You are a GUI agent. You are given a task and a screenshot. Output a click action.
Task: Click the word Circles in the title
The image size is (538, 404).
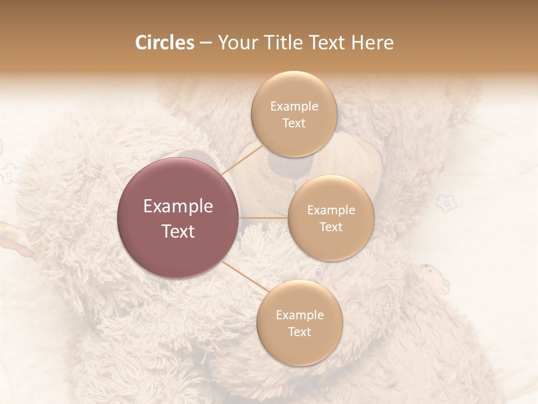tap(164, 43)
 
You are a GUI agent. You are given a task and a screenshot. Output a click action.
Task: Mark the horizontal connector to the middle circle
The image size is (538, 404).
tap(263, 218)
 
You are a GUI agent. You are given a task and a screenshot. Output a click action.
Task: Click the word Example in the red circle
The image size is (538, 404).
tap(178, 206)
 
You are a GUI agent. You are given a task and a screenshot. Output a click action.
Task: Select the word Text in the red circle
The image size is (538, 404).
tap(178, 231)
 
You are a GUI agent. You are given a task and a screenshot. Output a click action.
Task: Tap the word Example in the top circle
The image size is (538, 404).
tap(294, 107)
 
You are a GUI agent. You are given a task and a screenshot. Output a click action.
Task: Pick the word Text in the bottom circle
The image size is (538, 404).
tap(299, 332)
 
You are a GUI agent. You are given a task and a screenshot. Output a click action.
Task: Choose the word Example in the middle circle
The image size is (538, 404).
tap(331, 210)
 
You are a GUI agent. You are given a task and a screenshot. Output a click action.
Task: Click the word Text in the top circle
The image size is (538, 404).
tap(294, 123)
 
